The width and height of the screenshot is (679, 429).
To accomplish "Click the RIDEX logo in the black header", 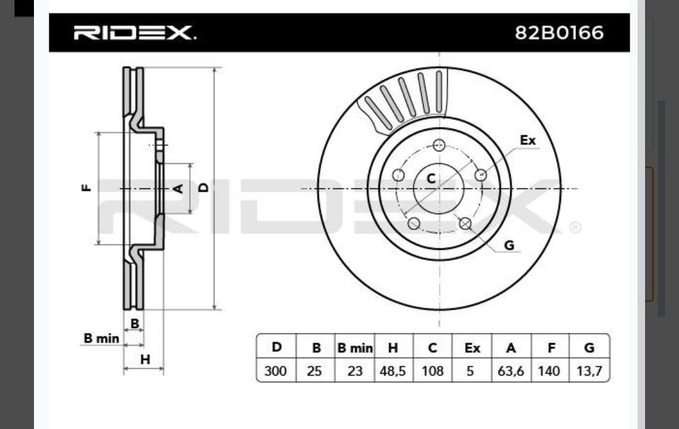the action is pos(134,33).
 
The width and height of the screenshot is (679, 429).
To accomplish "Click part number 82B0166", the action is pos(559,33).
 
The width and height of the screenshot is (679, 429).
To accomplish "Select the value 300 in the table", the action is pos(275,371).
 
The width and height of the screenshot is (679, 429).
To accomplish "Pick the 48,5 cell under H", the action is pos(393,372).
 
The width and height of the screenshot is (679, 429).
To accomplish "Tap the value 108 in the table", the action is pos(433,371).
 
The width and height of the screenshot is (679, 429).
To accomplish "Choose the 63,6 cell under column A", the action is pos(511,372).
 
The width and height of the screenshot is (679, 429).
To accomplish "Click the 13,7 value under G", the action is pos(589,372).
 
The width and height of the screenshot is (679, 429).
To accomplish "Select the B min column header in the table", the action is pos(354,348).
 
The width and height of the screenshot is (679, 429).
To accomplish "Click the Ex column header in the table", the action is pos(472,348).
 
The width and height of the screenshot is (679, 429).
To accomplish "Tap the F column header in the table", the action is pos(551,348).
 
